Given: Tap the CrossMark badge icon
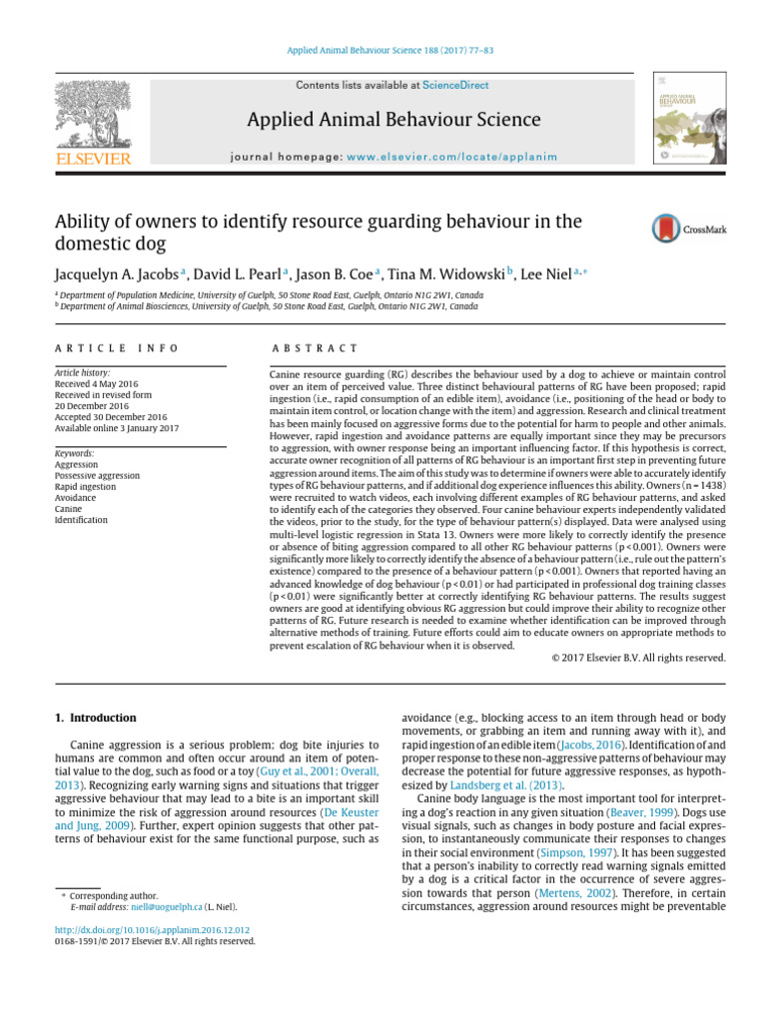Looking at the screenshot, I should point(689,229).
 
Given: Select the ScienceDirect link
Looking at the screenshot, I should point(455,86).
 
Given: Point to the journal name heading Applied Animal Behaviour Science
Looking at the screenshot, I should point(393,121).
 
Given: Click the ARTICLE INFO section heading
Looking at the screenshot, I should point(117,347).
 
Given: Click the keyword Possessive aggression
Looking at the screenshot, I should point(97,476).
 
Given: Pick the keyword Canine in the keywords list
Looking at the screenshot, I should point(69,509).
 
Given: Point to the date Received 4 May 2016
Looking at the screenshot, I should point(98,383).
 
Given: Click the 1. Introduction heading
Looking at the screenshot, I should point(94,718).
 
